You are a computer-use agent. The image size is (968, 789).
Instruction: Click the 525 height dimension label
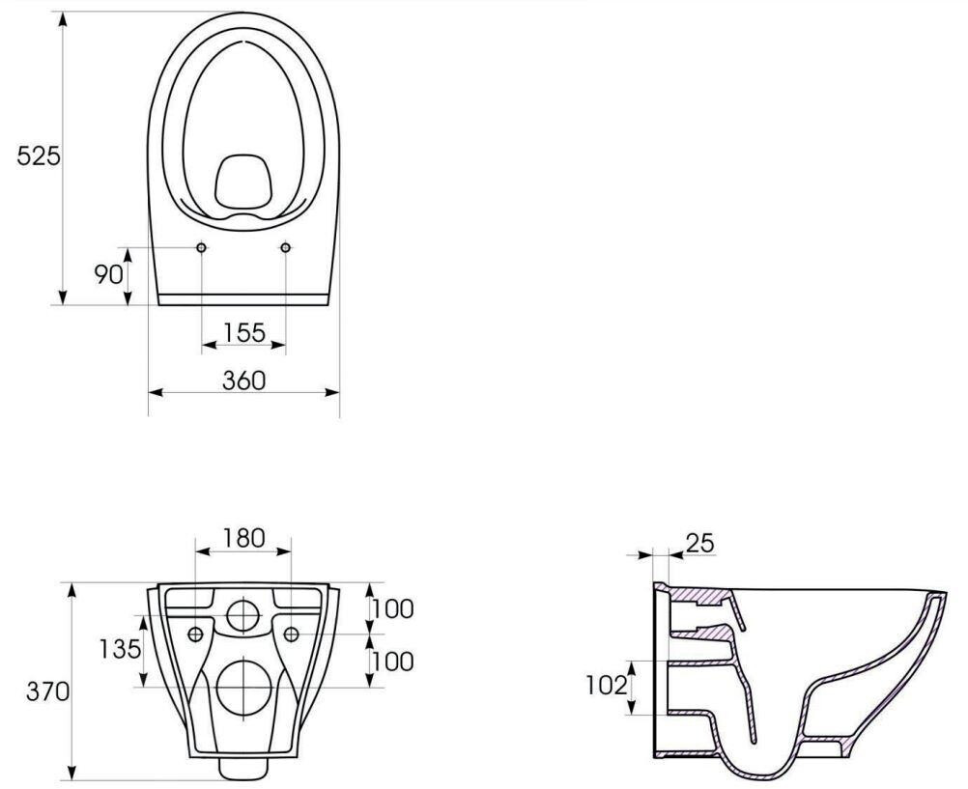pyautogui.click(x=39, y=156)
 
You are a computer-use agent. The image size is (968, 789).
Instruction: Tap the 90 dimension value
pyautogui.click(x=108, y=274)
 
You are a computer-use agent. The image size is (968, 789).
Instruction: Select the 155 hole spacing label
pyautogui.click(x=243, y=333)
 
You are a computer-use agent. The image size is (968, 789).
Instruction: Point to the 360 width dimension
pyautogui.click(x=243, y=380)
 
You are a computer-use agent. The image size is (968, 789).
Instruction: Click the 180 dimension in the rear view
pyautogui.click(x=243, y=538)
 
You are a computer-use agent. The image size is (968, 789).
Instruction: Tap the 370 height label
pyautogui.click(x=47, y=691)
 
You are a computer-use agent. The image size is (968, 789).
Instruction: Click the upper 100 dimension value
pyautogui.click(x=392, y=609)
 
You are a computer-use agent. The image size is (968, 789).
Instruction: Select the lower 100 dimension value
pyautogui.click(x=392, y=662)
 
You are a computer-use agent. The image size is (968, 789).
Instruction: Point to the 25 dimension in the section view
pyautogui.click(x=699, y=544)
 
